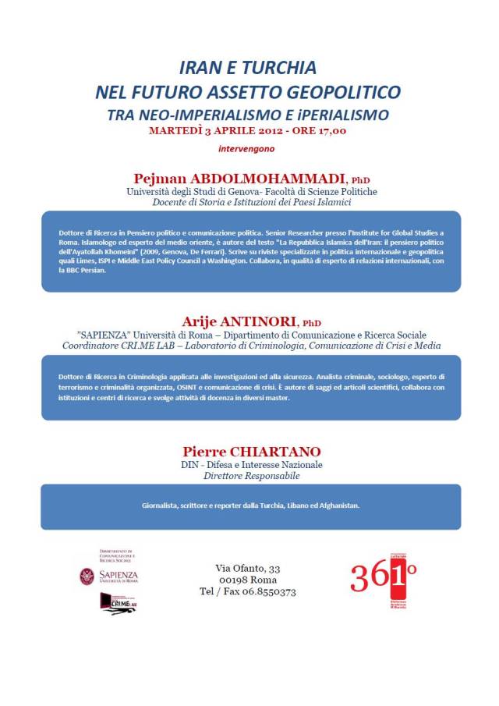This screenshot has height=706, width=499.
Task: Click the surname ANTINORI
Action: coord(262,322)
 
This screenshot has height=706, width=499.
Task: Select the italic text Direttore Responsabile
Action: coord(251,475)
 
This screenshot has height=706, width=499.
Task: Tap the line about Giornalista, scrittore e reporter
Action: coord(250,506)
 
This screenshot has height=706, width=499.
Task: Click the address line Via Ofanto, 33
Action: coord(248,567)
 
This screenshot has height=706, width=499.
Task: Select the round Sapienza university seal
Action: coord(87,577)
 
